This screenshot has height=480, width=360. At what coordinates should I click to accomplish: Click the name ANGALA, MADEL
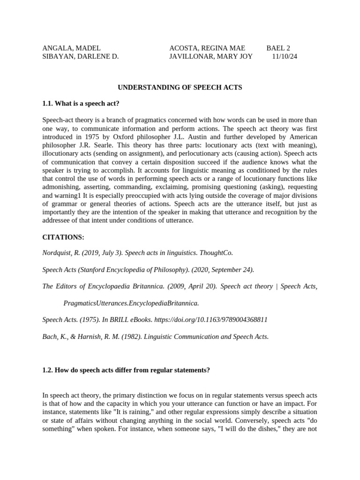pos(71,48)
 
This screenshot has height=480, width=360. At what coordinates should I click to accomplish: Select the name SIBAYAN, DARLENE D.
pos(80,56)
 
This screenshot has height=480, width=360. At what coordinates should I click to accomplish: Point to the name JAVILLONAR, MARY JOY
pos(210,56)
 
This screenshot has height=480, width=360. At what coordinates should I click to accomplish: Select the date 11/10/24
pos(285,56)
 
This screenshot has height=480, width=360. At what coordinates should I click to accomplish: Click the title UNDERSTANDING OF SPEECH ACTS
pos(180,87)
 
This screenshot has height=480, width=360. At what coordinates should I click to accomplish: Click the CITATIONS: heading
pos(63,237)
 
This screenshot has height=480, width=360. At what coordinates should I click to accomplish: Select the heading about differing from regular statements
pos(126,370)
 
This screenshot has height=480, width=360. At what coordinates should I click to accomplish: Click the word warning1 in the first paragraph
pos(68,195)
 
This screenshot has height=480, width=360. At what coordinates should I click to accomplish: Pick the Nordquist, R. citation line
pos(137,253)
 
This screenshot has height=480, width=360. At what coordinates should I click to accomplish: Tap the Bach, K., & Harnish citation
pos(155,337)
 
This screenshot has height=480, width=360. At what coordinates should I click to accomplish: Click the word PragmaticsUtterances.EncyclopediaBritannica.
pos(131,303)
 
